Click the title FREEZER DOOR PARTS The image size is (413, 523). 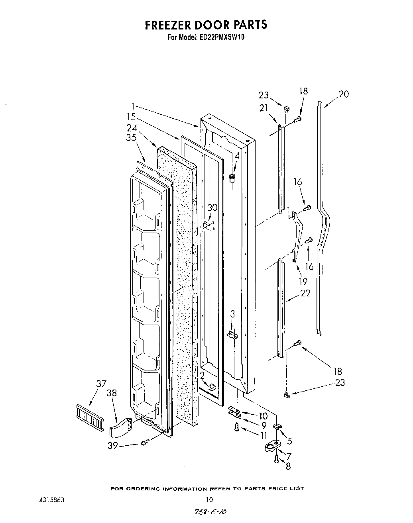(x=206, y=25)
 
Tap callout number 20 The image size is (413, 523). (x=344, y=94)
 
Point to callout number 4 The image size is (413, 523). (x=237, y=156)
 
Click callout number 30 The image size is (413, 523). (x=212, y=207)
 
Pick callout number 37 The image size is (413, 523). (x=101, y=384)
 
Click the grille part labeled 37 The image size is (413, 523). (x=88, y=415)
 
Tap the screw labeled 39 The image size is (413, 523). (x=145, y=441)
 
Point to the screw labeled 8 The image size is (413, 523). (x=276, y=459)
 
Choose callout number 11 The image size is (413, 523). (x=264, y=435)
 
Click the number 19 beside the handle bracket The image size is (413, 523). (x=303, y=281)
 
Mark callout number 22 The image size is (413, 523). (x=305, y=294)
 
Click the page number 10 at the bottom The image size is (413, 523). (x=209, y=500)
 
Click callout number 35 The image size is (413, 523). (x=132, y=138)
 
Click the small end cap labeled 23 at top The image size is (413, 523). (x=286, y=108)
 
